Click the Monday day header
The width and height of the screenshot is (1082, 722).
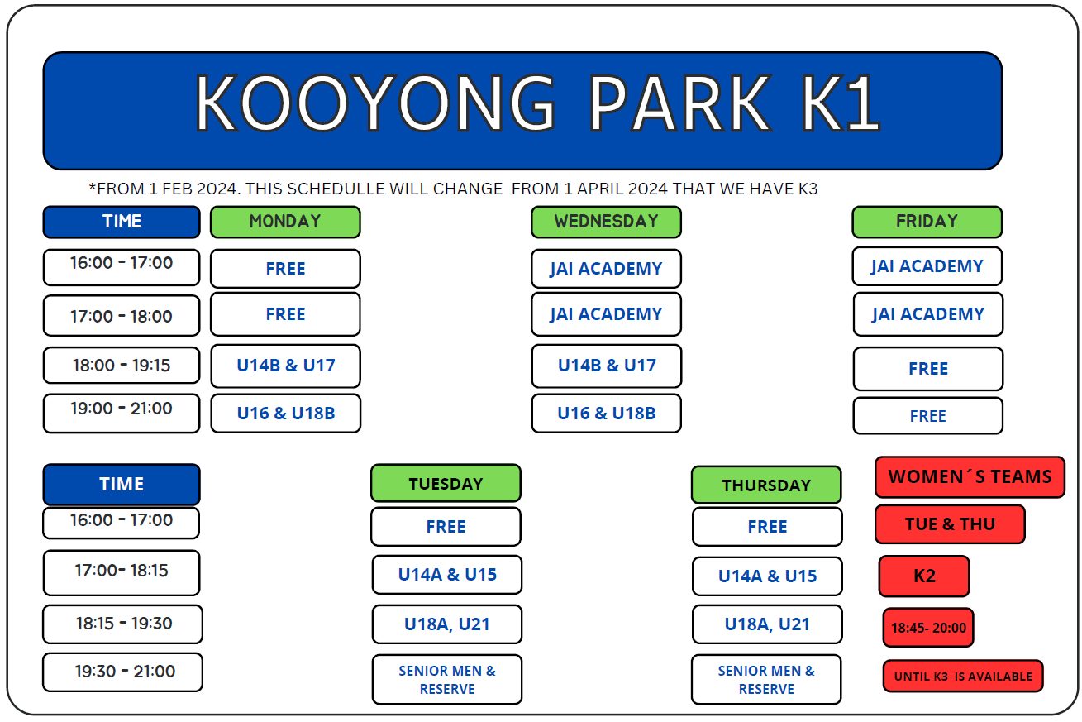pos(285,222)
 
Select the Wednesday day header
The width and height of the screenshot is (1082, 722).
pos(606,222)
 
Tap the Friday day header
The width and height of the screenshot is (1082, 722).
pos(927,222)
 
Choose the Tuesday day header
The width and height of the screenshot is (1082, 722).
pos(446,483)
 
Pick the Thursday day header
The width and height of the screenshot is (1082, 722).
pos(766,485)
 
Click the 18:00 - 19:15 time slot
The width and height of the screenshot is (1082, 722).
pos(122,365)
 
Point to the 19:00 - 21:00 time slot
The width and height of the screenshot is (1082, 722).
pos(122,414)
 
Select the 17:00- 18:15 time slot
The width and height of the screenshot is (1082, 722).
pos(122,572)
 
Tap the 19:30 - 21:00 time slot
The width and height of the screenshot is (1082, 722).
pos(122,672)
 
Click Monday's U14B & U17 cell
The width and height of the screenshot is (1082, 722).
pos(285,366)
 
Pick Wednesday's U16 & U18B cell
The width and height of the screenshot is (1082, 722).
pos(606,414)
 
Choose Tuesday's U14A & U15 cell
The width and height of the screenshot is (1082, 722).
pos(447,575)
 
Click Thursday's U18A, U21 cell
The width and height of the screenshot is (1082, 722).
pos(767,624)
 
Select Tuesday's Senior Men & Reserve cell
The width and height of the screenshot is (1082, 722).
pos(447,680)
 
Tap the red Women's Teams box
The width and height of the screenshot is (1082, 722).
pos(970,477)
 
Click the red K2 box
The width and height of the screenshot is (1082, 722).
pos(924,576)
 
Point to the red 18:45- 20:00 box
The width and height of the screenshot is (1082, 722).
pos(928,627)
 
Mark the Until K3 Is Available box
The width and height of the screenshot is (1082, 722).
pos(963,676)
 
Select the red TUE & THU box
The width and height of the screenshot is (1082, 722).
pos(950,524)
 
